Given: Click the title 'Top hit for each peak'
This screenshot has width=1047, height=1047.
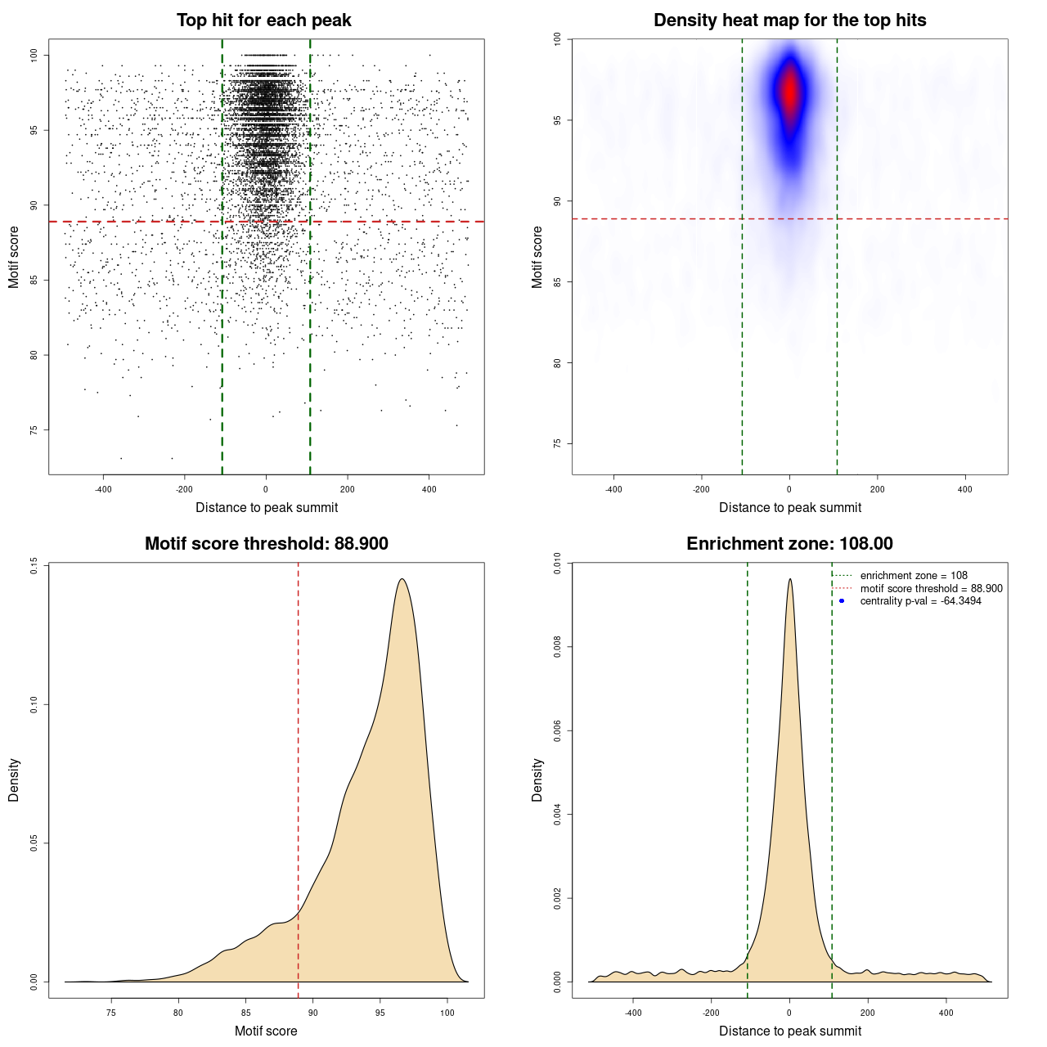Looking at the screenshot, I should [263, 20].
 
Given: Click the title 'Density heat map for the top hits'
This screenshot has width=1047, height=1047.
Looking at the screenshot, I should [789, 20].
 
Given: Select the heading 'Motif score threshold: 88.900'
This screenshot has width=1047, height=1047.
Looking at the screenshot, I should [266, 544].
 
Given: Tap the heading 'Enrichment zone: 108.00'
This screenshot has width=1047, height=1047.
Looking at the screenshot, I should [789, 544].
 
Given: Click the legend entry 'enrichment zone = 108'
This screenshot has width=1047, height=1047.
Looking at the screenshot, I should [913, 576].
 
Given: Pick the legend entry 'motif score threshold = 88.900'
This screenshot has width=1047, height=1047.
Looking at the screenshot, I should [931, 589].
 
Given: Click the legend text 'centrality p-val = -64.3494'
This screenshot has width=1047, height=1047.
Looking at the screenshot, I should [920, 601].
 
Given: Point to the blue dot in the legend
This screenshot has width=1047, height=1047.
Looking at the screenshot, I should [842, 601].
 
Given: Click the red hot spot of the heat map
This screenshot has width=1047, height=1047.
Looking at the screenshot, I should [790, 92].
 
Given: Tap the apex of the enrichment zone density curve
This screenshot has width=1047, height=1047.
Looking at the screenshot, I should [790, 579].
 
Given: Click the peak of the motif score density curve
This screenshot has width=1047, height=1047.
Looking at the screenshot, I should [402, 579].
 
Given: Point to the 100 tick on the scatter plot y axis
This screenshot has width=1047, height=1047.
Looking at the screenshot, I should [34, 55].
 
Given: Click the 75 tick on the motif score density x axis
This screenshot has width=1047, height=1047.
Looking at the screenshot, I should [111, 1013].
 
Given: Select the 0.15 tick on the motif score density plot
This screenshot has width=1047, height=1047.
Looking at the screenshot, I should [34, 565].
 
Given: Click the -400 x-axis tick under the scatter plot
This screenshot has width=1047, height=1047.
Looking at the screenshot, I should [103, 489].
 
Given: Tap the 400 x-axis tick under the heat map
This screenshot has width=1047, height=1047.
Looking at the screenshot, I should [965, 489].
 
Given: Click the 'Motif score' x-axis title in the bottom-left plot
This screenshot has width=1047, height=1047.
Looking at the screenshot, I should [266, 1031].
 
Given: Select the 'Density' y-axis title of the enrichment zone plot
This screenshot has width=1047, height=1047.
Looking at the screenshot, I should [537, 780].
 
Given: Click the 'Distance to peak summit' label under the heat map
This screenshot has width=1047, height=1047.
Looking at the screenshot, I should [789, 507].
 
